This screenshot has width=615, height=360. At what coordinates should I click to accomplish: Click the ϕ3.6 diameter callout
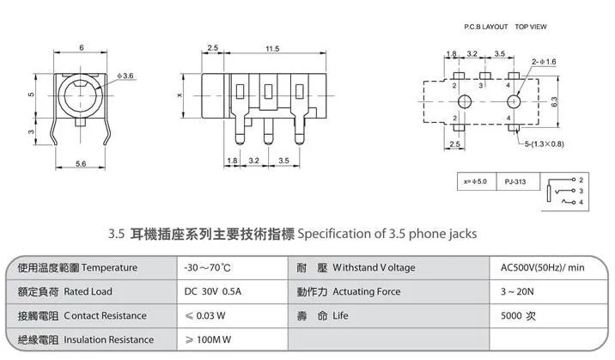[x=125, y=76]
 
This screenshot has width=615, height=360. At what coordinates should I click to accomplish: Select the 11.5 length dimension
[x=272, y=49]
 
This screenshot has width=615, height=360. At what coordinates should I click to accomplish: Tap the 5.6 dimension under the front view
[x=81, y=163]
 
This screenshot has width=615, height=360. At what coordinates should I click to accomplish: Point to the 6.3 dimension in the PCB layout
[x=554, y=101]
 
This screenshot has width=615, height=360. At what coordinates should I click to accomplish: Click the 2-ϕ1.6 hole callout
[x=544, y=62]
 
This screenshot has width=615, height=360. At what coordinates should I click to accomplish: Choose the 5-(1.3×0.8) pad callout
[x=545, y=144]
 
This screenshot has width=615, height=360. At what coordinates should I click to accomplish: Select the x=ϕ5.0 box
[x=477, y=181]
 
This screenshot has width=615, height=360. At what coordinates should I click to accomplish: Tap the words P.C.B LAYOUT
[x=485, y=27]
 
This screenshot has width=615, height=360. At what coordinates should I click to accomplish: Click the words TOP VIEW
[x=531, y=27]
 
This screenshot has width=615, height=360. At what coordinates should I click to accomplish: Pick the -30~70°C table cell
[x=232, y=268]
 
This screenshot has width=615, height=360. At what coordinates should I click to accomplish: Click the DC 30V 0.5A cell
[x=232, y=292]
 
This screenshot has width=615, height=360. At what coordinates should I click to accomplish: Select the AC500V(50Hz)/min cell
[x=548, y=268]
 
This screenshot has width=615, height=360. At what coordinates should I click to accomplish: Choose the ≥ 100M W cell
[x=232, y=339]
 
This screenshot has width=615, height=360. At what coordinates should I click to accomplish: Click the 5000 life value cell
[x=548, y=315]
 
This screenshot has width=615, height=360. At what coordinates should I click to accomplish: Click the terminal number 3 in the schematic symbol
[x=581, y=191]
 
